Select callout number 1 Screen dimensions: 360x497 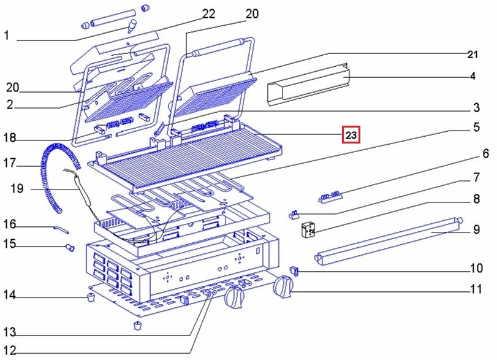[x=7, y=36]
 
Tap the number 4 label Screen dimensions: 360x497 [x=472, y=77]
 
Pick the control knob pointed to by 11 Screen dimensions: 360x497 [x=283, y=286]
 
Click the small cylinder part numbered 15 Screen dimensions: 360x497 [x=69, y=247]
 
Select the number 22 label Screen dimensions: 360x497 [x=209, y=14]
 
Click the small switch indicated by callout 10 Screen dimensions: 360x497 [x=294, y=269]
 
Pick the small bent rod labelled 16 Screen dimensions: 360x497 [x=61, y=229]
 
